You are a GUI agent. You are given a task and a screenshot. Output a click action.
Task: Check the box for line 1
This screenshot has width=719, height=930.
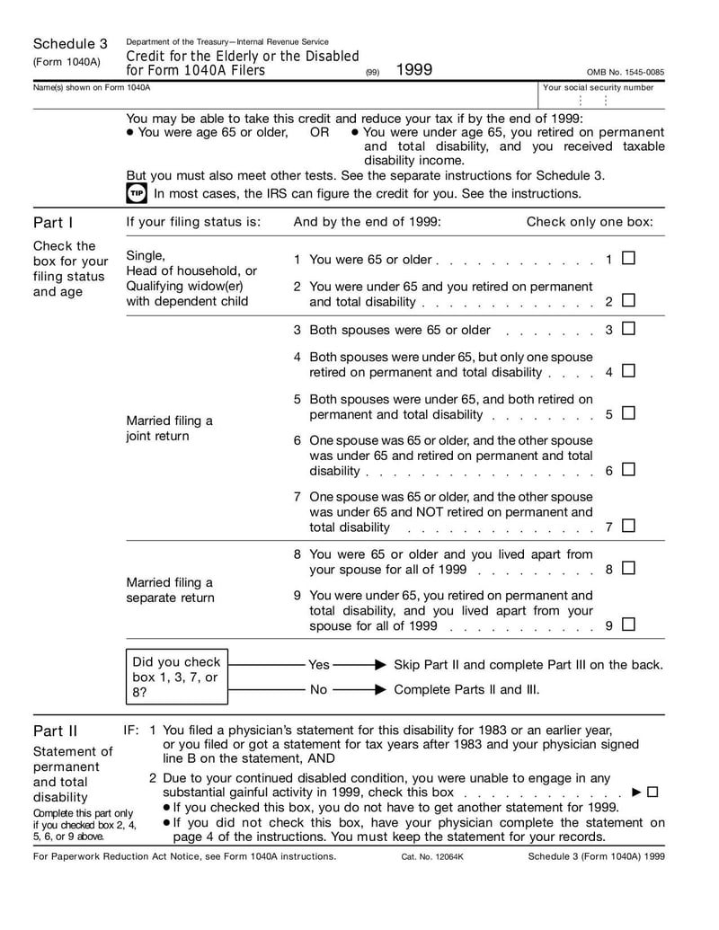628,259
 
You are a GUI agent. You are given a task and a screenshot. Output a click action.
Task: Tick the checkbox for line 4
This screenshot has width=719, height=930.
628,370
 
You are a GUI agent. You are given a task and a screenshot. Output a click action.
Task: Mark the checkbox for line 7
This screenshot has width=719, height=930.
628,526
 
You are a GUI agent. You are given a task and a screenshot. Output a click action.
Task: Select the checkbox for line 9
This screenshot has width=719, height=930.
628,624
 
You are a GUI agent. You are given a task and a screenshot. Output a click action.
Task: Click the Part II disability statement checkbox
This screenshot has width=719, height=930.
652,792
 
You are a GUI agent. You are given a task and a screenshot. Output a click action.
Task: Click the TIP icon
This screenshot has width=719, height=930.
136,193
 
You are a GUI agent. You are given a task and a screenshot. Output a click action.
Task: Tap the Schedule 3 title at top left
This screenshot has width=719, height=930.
70,44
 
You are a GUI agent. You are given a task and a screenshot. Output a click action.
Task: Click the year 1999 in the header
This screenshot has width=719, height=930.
413,69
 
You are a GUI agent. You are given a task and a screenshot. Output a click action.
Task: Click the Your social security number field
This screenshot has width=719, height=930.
599,100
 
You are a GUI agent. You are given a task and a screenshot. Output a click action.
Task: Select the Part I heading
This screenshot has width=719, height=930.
53,222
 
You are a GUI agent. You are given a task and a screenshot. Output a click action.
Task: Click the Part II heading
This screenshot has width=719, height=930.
55,731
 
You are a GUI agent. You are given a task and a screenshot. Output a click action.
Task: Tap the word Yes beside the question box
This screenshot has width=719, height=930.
319,665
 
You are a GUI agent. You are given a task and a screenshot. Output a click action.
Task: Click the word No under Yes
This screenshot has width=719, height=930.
318,690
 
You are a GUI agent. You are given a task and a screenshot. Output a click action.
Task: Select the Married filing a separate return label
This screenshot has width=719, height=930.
170,589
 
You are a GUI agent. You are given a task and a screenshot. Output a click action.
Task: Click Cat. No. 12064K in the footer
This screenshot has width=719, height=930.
432,856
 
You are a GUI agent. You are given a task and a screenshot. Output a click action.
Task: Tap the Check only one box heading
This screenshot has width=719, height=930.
590,222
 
